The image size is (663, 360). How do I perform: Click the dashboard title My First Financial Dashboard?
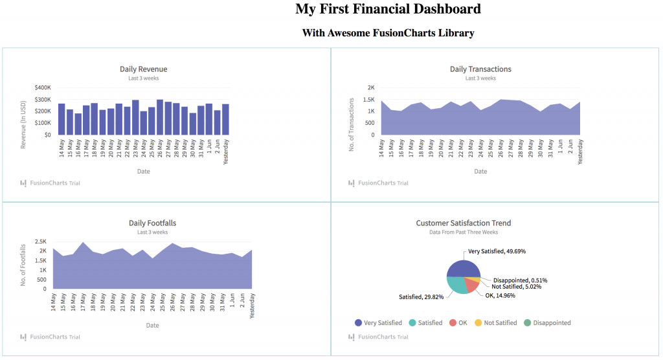(388, 9)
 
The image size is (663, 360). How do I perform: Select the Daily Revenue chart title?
(143, 69)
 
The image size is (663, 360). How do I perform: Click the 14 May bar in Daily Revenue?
(62, 119)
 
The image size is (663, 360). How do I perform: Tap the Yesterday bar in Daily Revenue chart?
(225, 119)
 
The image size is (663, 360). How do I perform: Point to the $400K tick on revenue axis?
(43, 87)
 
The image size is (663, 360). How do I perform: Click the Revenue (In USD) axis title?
(23, 124)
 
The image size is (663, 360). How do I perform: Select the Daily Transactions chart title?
(480, 69)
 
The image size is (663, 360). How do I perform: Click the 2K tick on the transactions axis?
(371, 87)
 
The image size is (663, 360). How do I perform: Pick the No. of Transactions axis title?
(352, 125)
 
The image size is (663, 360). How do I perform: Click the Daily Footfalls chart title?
(152, 223)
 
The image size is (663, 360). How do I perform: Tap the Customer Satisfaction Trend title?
(463, 223)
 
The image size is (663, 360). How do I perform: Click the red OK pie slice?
(472, 286)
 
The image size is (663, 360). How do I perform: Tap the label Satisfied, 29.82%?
(421, 297)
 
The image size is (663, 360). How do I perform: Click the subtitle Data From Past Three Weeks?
(463, 232)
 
